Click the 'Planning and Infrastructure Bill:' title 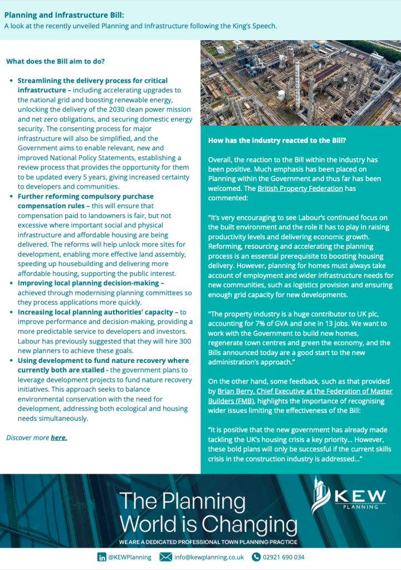(64, 16)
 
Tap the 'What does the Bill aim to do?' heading (55, 61)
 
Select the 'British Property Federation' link (300, 188)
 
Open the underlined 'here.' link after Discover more (59, 438)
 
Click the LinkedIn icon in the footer (102, 557)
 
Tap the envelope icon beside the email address (165, 557)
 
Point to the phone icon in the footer (256, 557)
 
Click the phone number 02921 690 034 (284, 557)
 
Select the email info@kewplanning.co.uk (209, 557)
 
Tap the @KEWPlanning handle (130, 557)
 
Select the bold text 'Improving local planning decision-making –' (91, 283)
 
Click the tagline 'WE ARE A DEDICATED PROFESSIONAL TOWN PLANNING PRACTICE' (209, 542)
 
